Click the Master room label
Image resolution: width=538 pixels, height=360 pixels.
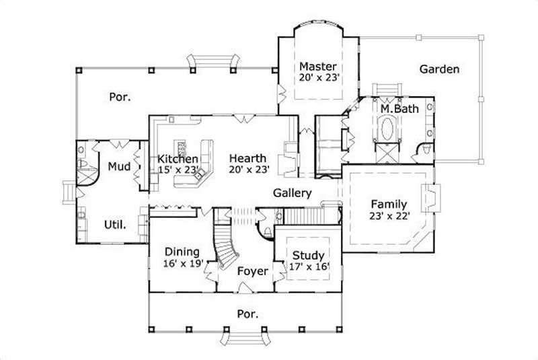coord(318,67)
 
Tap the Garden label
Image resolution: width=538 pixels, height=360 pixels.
coord(439,69)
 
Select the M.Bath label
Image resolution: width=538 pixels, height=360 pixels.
coord(395,108)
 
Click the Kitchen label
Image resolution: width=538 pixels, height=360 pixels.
coord(178,159)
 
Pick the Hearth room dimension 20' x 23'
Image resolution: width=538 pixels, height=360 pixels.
coord(249,170)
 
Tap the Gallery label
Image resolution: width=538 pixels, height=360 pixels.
coord(291,193)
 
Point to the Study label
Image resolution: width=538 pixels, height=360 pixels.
coord(308,255)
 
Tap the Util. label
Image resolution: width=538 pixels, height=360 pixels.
coord(114,224)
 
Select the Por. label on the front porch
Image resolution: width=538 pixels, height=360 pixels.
coord(248,314)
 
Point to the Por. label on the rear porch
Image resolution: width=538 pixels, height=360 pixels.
coord(120,97)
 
